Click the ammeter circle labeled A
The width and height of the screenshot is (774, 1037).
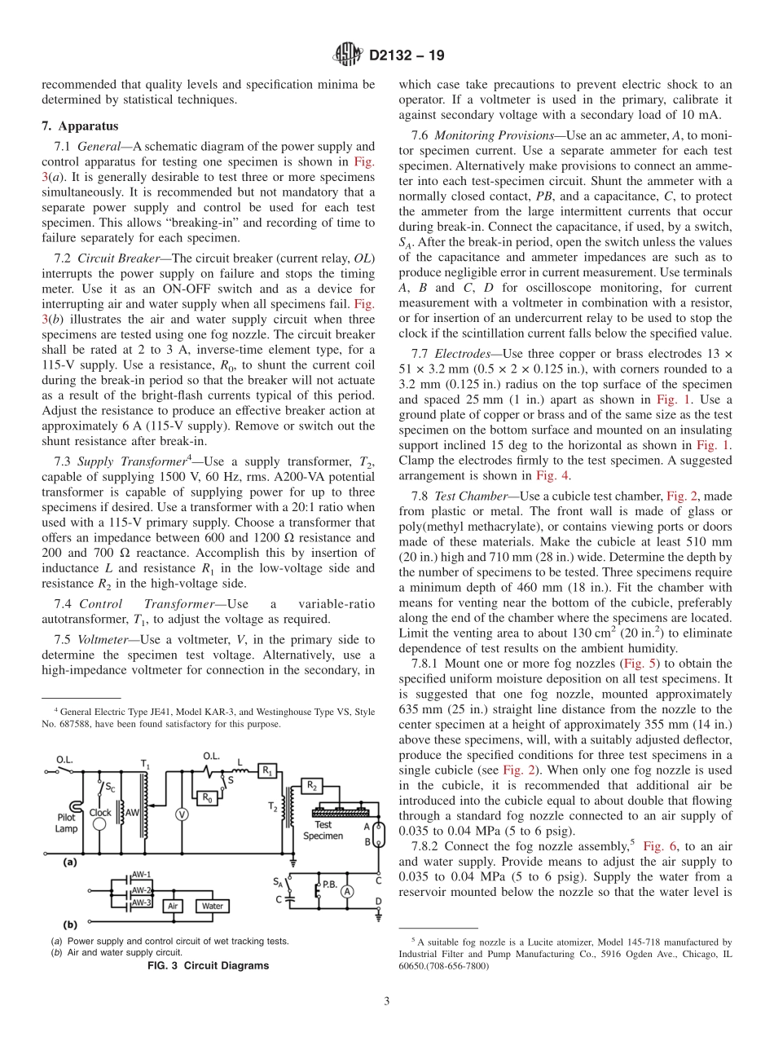pos(347,892)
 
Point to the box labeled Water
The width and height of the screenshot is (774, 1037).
pos(213,906)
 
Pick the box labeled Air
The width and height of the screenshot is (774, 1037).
pos(173,906)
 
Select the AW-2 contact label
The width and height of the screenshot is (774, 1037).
pos(142,889)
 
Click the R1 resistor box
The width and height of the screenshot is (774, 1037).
pos(267,770)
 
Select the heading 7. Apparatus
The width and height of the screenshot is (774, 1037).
pos(80,126)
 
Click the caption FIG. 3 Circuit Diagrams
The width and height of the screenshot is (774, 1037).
pos(207,965)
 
